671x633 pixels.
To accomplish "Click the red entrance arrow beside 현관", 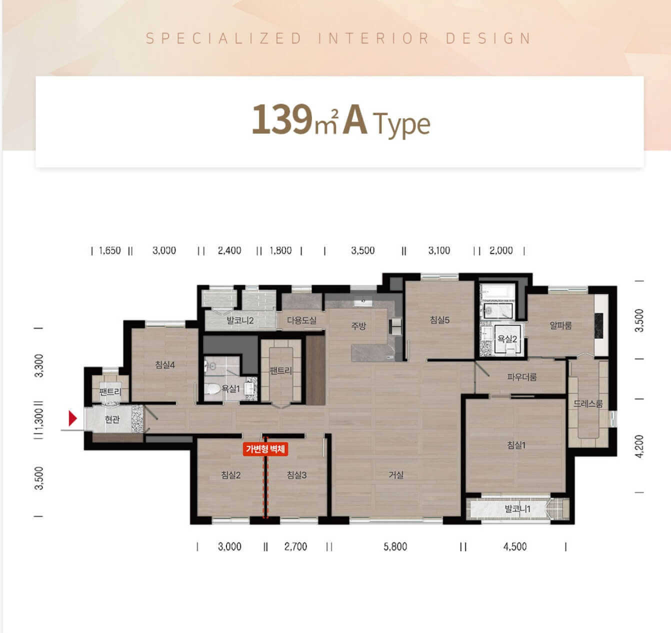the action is click(72, 418).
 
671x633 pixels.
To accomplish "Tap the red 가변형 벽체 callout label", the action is click(265, 449).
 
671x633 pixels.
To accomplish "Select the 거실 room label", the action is click(396, 475).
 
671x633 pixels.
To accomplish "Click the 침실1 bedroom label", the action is click(516, 445).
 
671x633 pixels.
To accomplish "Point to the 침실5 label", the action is click(439, 319).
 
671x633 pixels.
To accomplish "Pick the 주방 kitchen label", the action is click(358, 326).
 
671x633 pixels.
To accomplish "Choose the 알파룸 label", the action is click(560, 325).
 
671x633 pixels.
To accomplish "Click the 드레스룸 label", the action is click(588, 403).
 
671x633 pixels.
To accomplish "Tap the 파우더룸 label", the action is click(521, 377).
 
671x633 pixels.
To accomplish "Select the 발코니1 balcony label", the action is click(517, 508).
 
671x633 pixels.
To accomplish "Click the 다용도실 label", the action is click(301, 320).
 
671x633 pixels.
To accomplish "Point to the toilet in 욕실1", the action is click(211, 389).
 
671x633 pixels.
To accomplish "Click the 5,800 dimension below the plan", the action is click(395, 546).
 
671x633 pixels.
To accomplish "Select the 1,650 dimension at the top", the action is click(110, 250).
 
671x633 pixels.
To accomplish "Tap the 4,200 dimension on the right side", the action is click(639, 446).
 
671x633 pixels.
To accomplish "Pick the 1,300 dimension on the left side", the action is click(39, 420).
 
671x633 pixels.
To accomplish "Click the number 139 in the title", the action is click(282, 119).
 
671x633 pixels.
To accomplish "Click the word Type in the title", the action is click(401, 124).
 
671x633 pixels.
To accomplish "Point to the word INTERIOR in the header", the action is click(373, 38).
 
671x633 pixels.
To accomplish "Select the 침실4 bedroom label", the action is click(165, 364).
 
